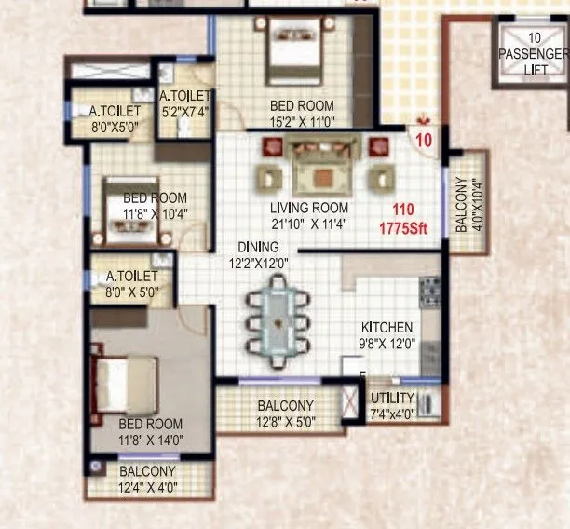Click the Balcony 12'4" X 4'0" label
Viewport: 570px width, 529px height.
tap(148, 479)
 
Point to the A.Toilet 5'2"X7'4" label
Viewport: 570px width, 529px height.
tap(187, 102)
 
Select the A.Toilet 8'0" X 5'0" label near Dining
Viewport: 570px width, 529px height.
tap(133, 284)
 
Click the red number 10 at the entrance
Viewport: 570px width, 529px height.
tap(424, 142)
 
